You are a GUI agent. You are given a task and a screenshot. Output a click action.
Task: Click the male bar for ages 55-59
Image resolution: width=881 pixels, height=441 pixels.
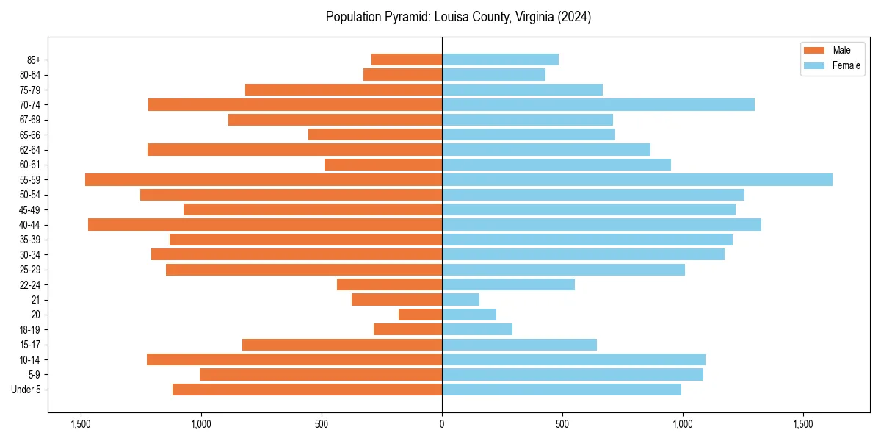point(264,179)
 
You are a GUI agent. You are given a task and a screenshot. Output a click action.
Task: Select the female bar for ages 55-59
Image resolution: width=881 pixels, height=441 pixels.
point(637,179)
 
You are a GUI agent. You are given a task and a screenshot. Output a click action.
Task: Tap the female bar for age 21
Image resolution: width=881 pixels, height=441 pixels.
point(460,299)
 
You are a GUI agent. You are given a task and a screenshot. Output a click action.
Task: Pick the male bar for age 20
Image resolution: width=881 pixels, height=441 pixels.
point(420,315)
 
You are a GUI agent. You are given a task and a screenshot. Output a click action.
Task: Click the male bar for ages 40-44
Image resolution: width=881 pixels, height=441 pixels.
point(265,224)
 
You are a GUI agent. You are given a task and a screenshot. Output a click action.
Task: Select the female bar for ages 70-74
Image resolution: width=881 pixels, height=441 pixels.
point(598,104)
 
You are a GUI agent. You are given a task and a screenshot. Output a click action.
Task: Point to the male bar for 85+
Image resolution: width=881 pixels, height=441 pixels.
point(407,60)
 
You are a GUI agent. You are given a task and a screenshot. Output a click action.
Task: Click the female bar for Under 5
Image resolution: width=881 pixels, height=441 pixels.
point(562,390)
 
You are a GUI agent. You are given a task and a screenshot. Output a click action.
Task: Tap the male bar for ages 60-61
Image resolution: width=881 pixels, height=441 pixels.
point(383,165)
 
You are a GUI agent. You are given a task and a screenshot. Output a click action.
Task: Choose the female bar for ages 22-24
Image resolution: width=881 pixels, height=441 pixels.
point(508,284)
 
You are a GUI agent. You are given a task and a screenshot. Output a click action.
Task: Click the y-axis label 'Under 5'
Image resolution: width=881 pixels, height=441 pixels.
point(26,390)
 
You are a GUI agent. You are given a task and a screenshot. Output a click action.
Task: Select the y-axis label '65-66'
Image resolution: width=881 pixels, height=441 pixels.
point(30,135)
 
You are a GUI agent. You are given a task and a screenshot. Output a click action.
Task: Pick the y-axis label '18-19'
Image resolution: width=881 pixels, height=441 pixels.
point(30,329)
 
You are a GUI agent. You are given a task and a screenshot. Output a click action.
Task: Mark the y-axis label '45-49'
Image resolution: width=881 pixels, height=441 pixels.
point(30,209)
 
